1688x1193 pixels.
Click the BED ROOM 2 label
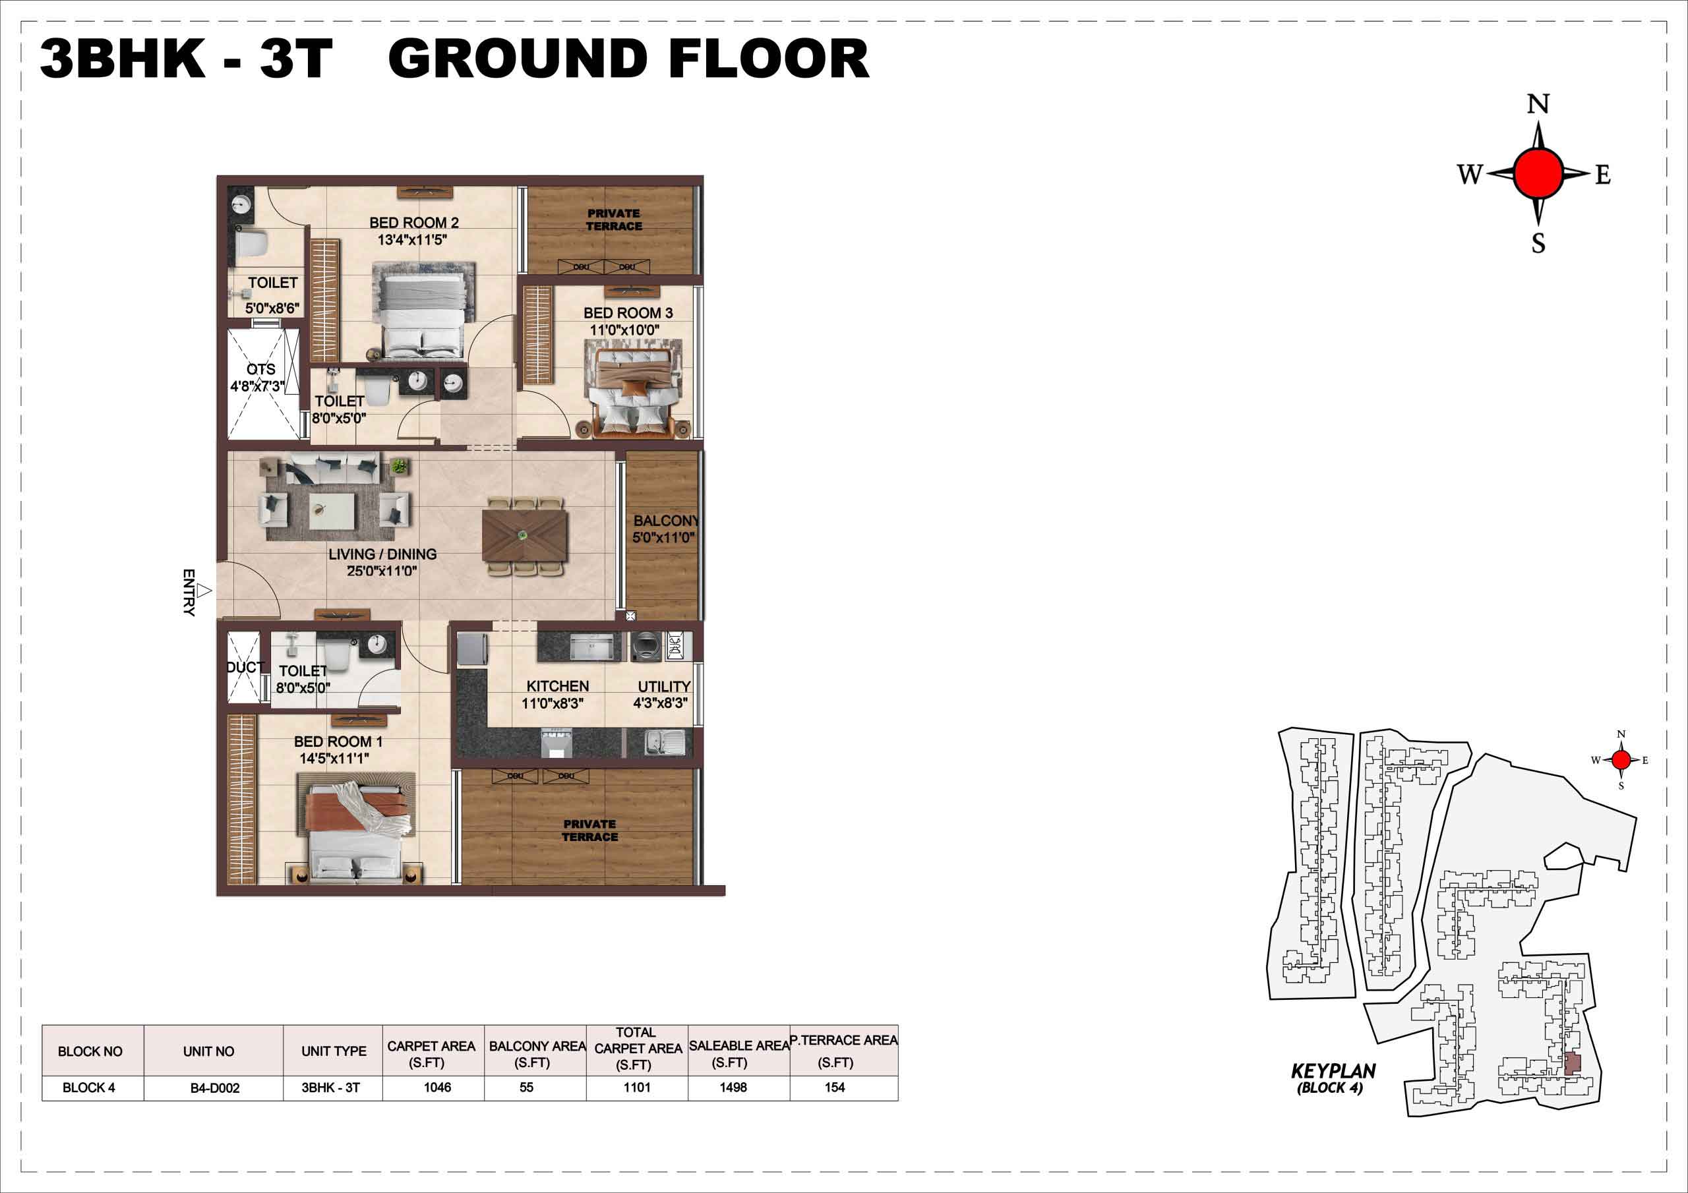(x=414, y=223)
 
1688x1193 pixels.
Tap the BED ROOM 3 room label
(x=628, y=313)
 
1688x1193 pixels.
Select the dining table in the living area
(x=525, y=535)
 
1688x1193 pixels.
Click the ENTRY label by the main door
(x=189, y=592)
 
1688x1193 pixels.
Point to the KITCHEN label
(x=557, y=685)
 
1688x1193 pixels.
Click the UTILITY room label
(x=664, y=687)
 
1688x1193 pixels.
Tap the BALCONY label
(x=666, y=521)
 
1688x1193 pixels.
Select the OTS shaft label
(x=261, y=369)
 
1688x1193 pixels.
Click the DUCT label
(x=245, y=668)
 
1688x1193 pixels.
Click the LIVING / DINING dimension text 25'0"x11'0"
(x=382, y=570)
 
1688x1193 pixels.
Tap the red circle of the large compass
(x=1538, y=173)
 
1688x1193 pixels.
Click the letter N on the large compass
(x=1538, y=104)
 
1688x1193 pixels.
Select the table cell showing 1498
(x=733, y=1087)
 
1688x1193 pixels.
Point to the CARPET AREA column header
(x=431, y=1054)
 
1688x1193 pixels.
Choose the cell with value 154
(x=835, y=1087)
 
